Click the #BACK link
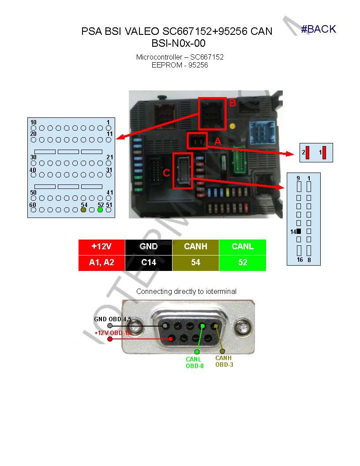tap(318, 29)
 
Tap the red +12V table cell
tap(101, 247)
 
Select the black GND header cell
tap(148, 247)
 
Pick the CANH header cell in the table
tap(195, 247)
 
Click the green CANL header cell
tap(242, 247)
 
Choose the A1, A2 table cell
tap(101, 263)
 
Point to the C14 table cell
tap(148, 263)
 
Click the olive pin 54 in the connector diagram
tap(84, 210)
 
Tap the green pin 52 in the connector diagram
tap(100, 210)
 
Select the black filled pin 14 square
tap(299, 231)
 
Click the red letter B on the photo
tap(232, 103)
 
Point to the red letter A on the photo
tap(217, 142)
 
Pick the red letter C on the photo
tap(166, 173)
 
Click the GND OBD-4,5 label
tap(112, 319)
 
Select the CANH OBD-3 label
tap(224, 361)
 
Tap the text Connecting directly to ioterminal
tap(186, 291)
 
